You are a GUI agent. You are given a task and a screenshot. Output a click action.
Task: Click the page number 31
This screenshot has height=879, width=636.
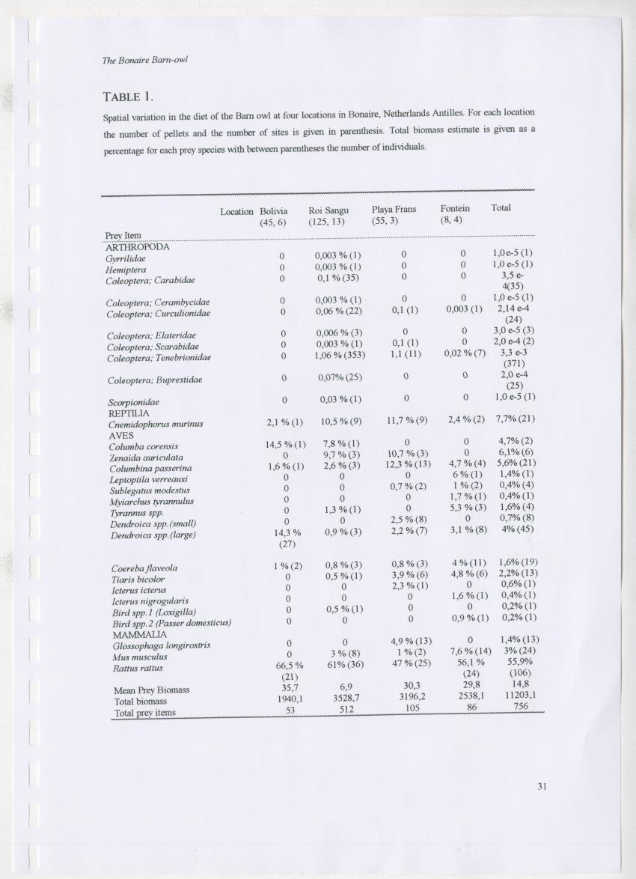(542, 785)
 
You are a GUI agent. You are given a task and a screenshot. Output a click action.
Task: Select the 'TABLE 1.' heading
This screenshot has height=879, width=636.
(128, 96)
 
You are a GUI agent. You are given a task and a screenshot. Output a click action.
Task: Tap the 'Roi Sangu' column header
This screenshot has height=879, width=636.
(328, 209)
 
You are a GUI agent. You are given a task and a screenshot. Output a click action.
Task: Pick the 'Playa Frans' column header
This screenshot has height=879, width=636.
(394, 209)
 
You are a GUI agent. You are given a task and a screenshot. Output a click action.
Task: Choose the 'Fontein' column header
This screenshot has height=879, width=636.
(456, 208)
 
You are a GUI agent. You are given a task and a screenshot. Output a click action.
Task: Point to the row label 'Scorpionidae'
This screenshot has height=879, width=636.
(135, 402)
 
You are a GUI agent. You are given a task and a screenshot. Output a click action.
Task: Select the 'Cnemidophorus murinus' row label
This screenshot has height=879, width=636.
(156, 424)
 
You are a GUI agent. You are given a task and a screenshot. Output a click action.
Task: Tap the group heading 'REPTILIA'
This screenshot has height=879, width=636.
(129, 413)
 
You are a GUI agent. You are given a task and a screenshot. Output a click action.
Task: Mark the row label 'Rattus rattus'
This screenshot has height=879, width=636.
(137, 668)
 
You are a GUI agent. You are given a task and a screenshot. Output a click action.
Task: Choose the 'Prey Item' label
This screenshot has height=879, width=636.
(123, 236)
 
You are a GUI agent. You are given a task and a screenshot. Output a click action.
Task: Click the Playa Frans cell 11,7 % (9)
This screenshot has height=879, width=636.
(406, 420)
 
